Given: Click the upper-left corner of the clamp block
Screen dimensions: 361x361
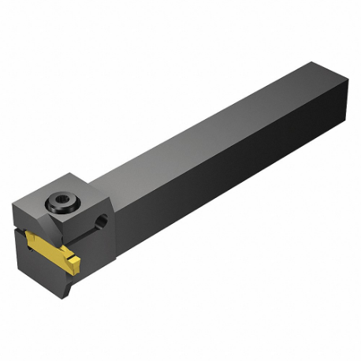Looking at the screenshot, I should click(x=13, y=203).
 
